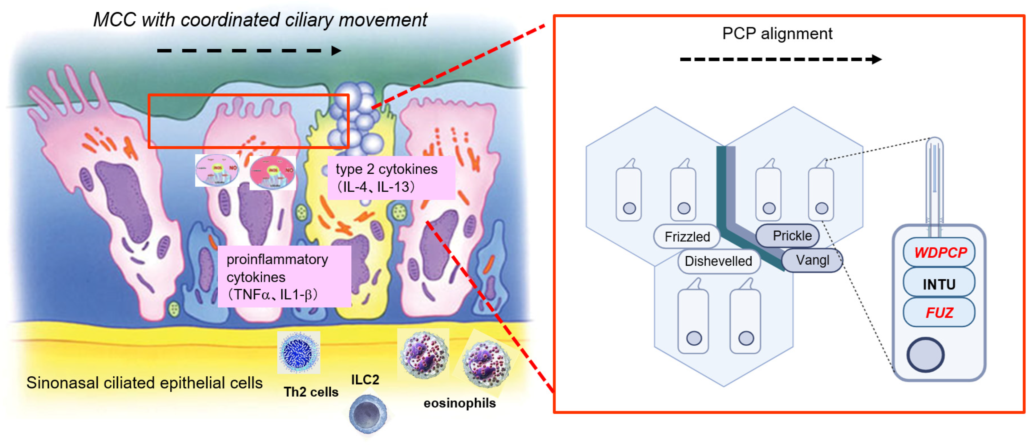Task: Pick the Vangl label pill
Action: [813, 260]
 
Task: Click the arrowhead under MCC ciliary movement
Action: [336, 50]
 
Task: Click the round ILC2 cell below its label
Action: [368, 413]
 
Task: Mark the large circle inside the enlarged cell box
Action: [925, 355]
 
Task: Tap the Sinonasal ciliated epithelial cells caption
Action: [144, 383]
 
